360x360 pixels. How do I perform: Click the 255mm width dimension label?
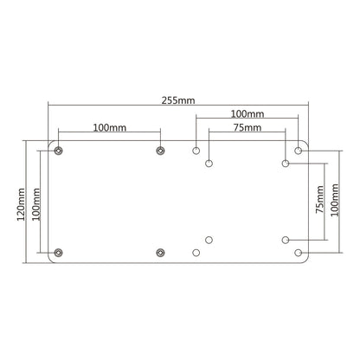point(178,100)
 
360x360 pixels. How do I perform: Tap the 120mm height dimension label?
point(21,204)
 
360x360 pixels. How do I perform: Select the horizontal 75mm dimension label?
point(247,127)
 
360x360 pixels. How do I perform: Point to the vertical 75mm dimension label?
point(319,199)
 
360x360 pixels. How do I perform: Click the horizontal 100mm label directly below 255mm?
point(247,114)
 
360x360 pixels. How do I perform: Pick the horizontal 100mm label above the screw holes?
point(109,127)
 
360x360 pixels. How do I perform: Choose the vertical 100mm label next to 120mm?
point(35,204)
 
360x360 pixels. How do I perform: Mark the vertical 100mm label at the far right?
point(334,200)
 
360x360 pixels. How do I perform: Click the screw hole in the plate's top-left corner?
point(59,151)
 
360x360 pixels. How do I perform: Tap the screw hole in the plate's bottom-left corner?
point(59,253)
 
